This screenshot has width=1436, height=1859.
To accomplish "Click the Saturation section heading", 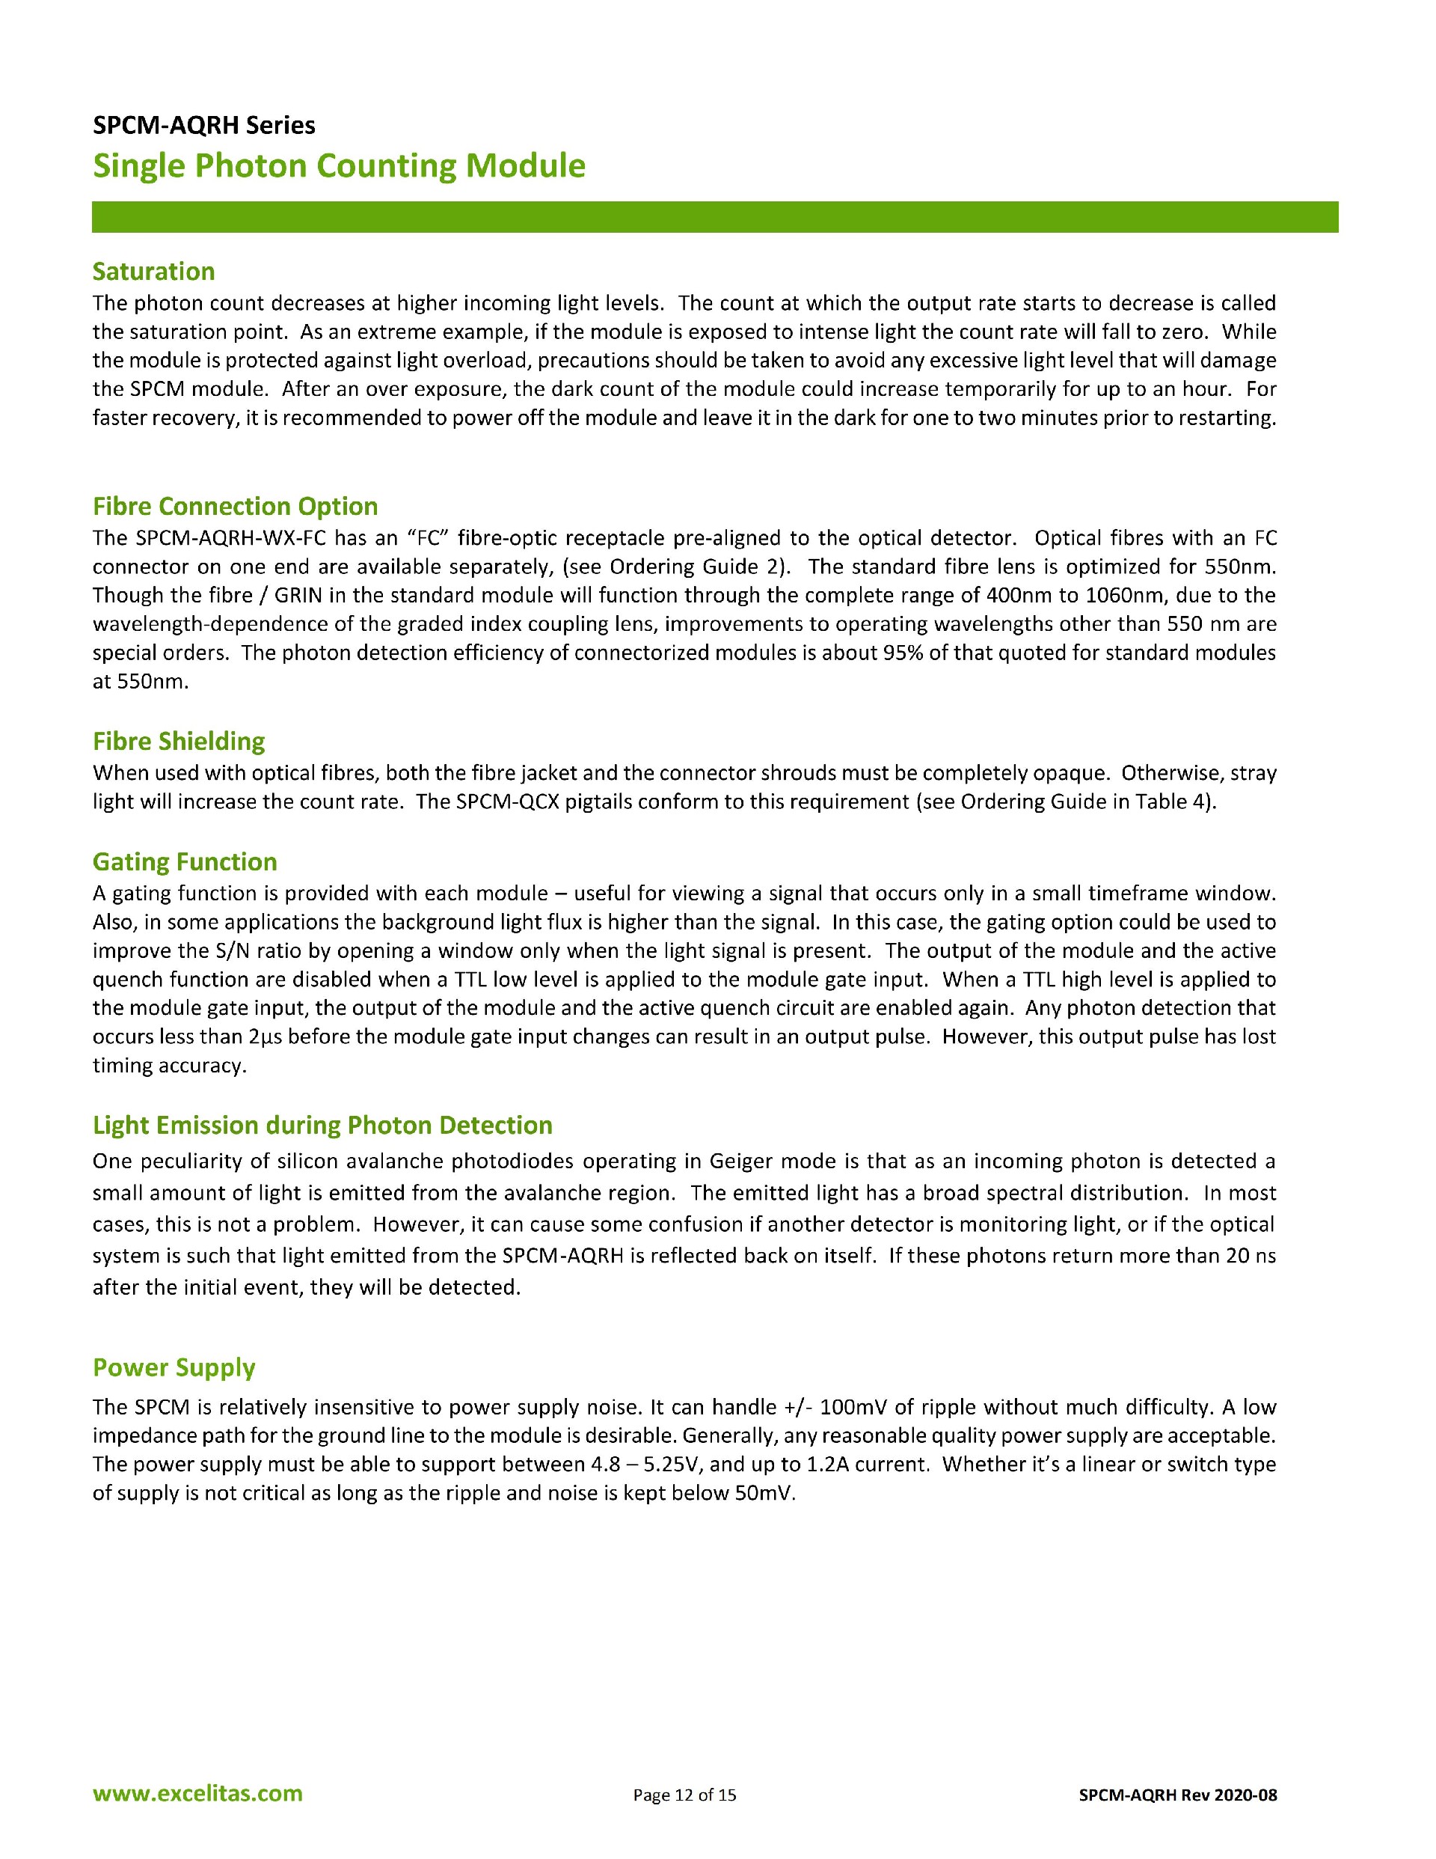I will tap(153, 272).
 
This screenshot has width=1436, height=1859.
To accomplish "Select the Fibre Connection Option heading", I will tap(235, 507).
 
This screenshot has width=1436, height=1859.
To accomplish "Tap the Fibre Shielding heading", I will tap(179, 742).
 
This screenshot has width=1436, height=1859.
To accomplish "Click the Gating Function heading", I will tap(185, 862).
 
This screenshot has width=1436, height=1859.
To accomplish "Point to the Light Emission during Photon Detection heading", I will tap(322, 1126).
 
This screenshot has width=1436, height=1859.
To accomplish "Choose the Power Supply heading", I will tap(174, 1367).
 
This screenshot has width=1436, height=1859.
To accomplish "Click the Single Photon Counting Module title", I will tap(339, 166).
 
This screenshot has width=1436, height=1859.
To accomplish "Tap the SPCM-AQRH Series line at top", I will tap(203, 125).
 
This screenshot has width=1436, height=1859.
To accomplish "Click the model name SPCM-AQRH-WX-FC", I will tap(230, 539).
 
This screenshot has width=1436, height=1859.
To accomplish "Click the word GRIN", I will tap(298, 596).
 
